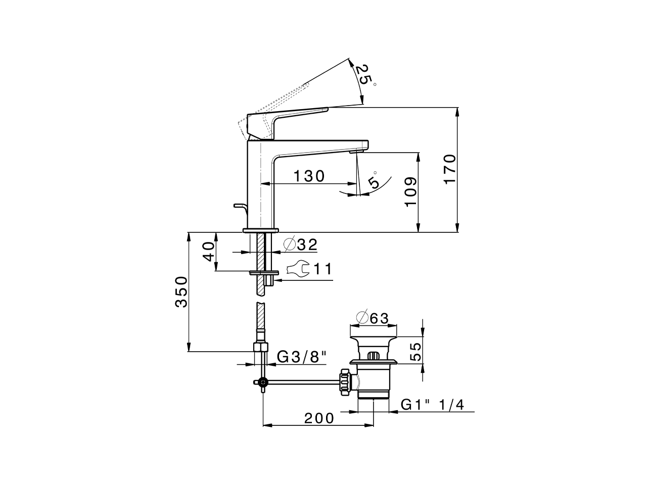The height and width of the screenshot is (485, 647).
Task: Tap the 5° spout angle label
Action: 375,182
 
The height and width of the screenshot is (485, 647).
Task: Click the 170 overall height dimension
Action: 450,170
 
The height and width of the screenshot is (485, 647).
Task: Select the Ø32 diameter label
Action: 300,245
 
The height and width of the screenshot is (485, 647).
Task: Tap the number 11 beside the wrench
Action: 322,269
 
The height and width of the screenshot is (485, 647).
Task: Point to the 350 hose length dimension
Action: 181,292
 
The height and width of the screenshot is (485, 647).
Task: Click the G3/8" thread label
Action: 302,357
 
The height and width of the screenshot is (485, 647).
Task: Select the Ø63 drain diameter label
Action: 372,318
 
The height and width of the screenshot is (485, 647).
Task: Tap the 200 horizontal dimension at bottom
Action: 319,418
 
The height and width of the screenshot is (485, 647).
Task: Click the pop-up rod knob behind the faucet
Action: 238,206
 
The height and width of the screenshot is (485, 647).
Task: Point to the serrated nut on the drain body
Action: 346,382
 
